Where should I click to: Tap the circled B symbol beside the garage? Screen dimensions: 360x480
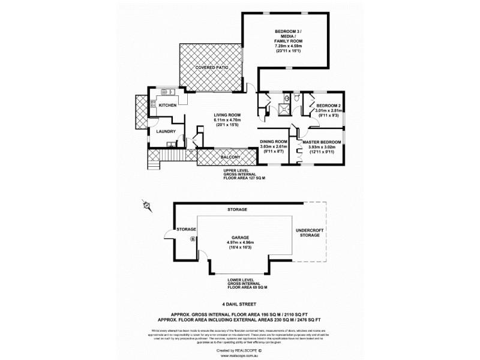(193, 239)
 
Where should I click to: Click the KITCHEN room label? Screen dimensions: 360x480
(167, 106)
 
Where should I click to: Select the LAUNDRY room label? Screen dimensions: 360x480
(166, 131)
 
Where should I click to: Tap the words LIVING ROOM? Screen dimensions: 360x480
(227, 115)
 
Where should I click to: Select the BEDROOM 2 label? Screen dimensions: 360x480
(328, 106)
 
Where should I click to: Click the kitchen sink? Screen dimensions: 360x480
(167, 92)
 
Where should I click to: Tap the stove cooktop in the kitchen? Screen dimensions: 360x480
(153, 105)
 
